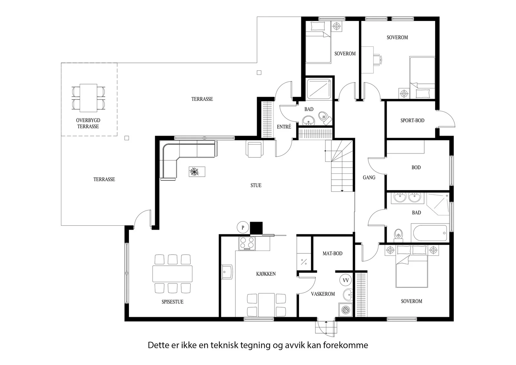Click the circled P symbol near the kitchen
(x=243, y=228)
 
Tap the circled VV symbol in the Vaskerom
(x=345, y=280)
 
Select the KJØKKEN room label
(x=266, y=274)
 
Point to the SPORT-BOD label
(x=412, y=121)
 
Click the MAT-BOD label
(x=332, y=253)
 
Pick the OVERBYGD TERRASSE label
(x=88, y=123)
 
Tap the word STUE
(x=256, y=185)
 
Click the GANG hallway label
(x=369, y=178)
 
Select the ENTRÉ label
(x=284, y=127)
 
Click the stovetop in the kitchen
(x=247, y=243)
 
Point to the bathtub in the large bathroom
(x=430, y=233)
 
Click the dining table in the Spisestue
(x=172, y=273)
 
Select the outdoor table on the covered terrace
(x=88, y=98)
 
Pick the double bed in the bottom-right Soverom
(x=412, y=267)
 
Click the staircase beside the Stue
(x=339, y=166)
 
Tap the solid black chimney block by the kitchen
(x=256, y=228)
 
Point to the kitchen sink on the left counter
(x=227, y=272)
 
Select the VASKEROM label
(x=323, y=294)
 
